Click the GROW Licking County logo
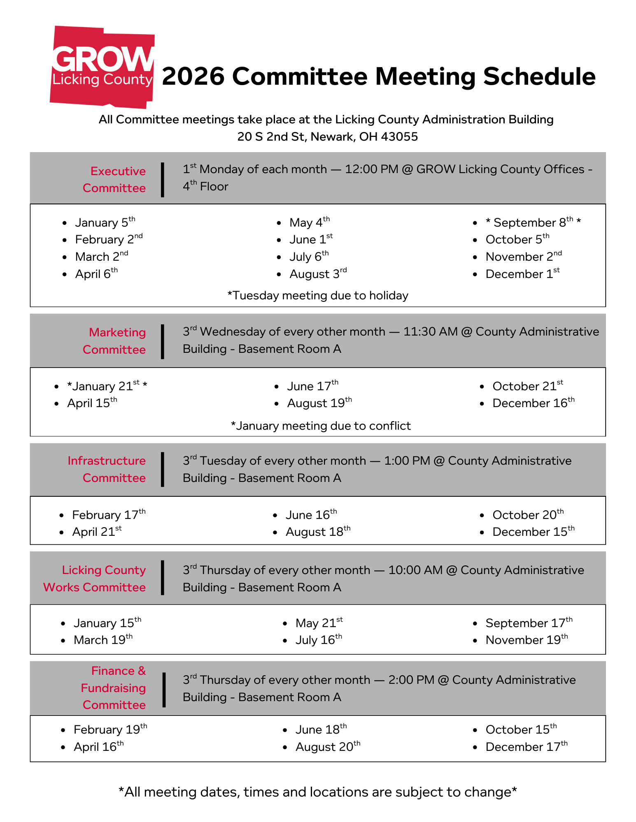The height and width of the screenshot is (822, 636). [102, 67]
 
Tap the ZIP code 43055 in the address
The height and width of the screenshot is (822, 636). [399, 137]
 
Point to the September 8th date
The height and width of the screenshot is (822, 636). [533, 222]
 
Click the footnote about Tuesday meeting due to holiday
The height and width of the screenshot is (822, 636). [318, 295]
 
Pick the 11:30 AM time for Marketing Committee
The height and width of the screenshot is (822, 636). [430, 332]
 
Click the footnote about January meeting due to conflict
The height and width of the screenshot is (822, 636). [321, 426]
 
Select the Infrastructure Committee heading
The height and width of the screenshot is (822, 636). [107, 469]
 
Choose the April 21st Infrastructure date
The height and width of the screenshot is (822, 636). [97, 532]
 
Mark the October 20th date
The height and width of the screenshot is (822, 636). [528, 515]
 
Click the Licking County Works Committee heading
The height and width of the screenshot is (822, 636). [95, 579]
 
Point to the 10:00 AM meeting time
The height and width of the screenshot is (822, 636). [415, 570]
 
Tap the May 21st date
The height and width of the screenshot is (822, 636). [319, 623]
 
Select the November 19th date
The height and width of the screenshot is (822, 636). [527, 640]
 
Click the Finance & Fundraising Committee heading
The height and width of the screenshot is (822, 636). [114, 688]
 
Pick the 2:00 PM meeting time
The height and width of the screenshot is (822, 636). [411, 680]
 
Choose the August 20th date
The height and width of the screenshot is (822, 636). [328, 747]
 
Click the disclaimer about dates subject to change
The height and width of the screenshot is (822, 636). [318, 792]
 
